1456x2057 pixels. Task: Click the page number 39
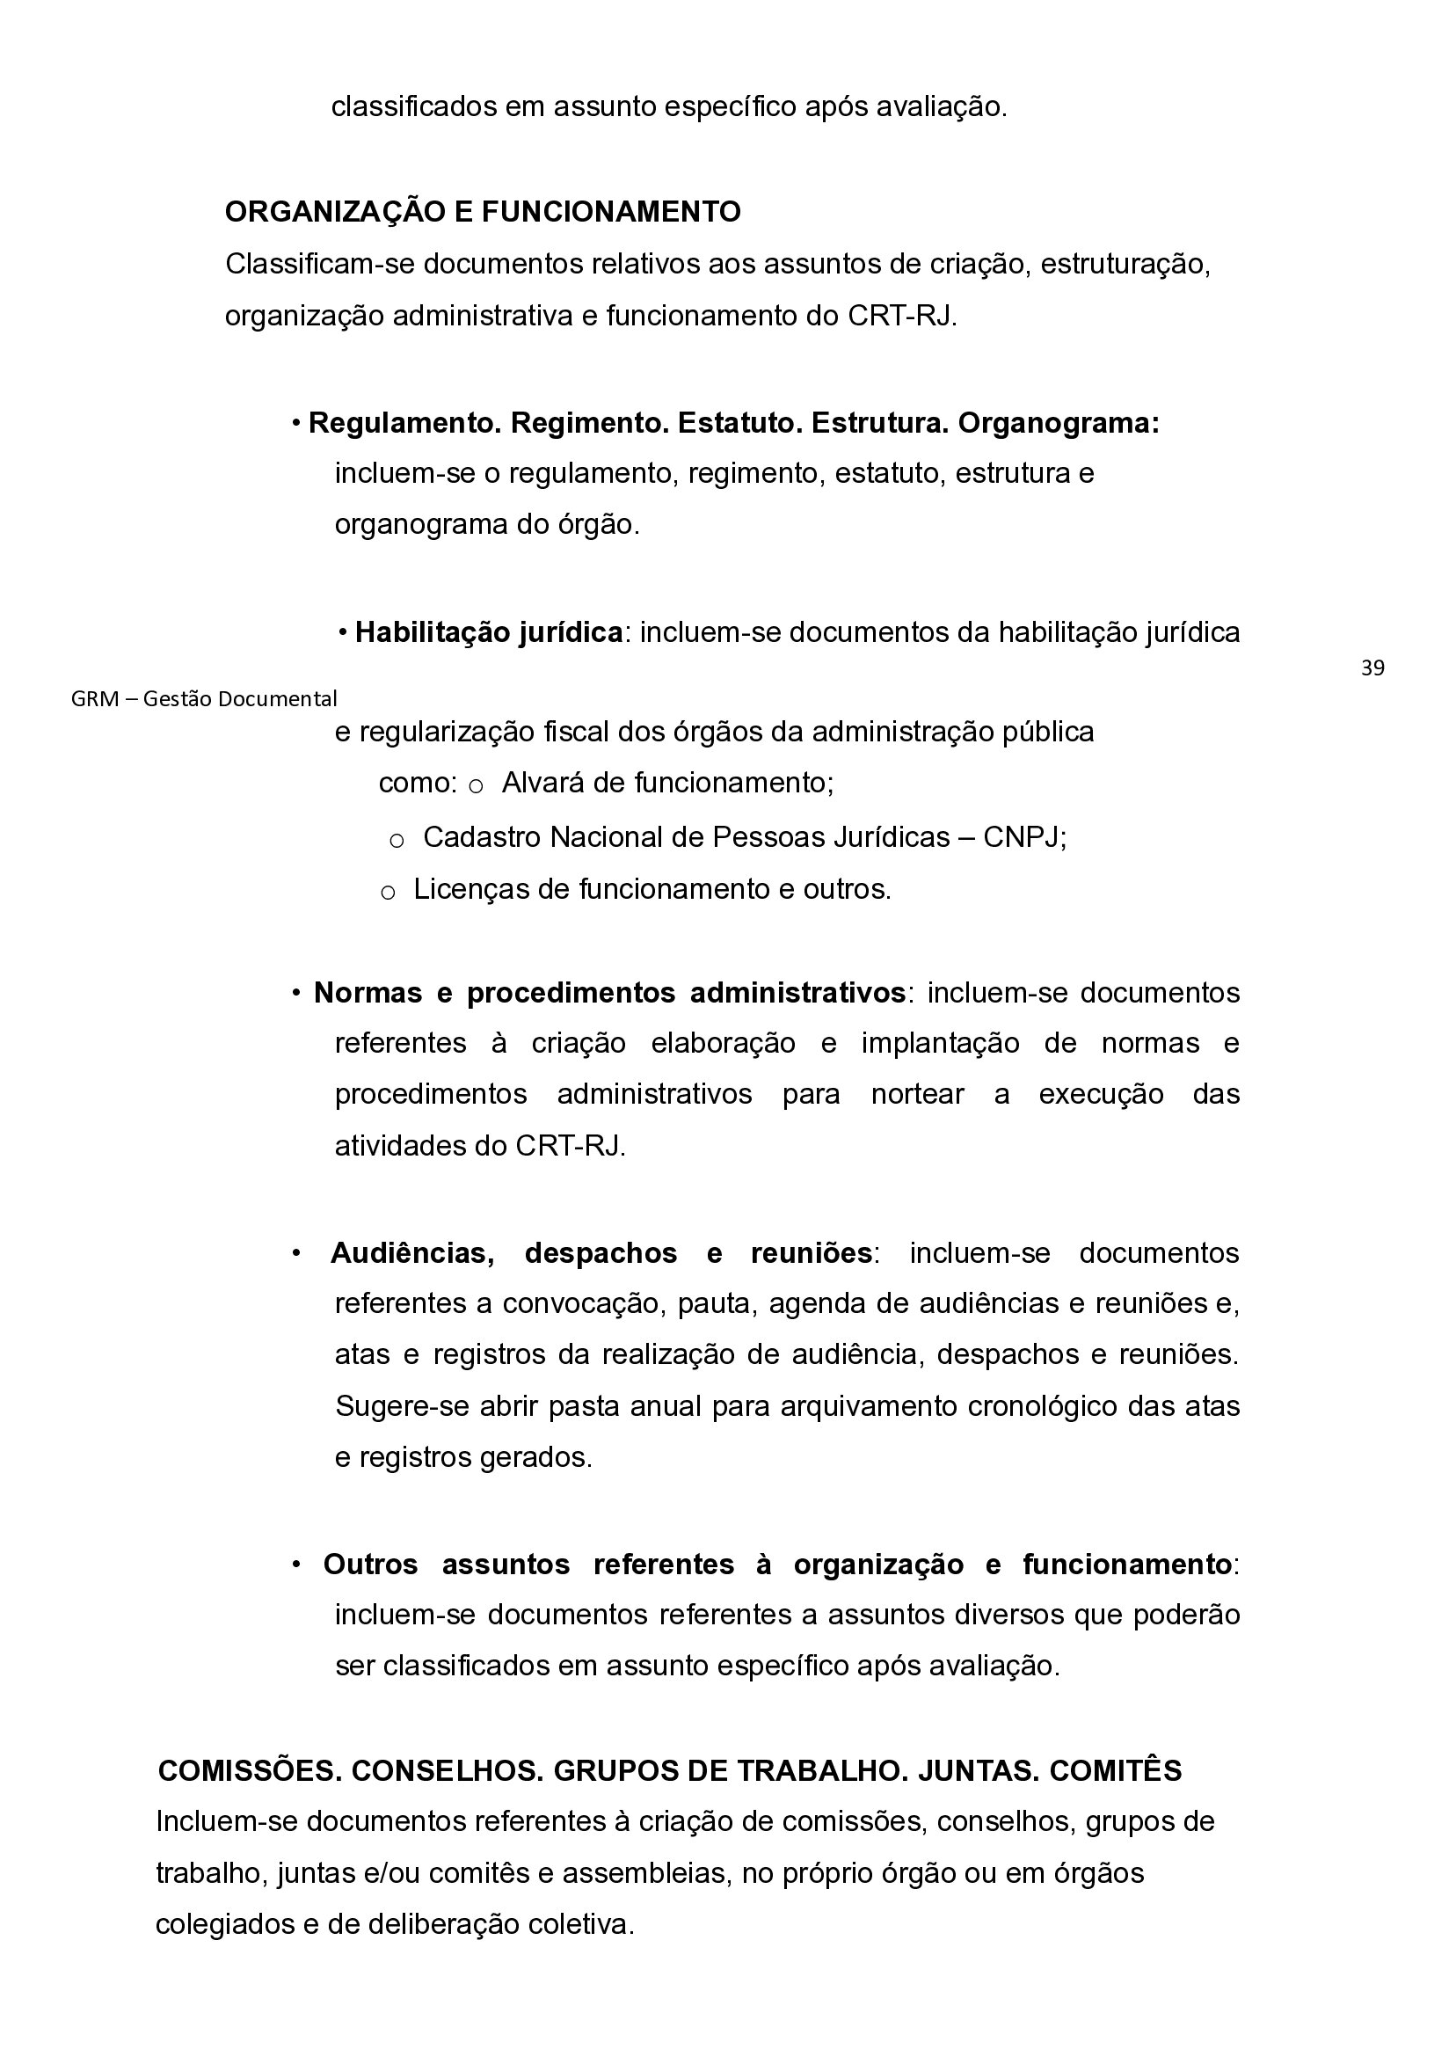point(1372,668)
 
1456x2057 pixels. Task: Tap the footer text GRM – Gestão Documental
point(204,698)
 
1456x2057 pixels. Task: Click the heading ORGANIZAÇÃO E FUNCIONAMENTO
point(483,213)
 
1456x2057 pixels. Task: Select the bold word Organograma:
point(1058,423)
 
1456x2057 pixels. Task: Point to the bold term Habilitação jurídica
point(489,633)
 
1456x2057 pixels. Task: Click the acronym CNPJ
point(1022,837)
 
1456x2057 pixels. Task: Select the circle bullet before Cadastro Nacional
point(397,841)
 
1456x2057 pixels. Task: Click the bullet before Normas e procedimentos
point(296,994)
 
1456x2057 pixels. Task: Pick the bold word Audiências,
point(412,1253)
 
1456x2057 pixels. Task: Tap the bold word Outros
point(370,1564)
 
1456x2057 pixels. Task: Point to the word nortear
point(917,1095)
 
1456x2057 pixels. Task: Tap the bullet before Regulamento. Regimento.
point(296,423)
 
